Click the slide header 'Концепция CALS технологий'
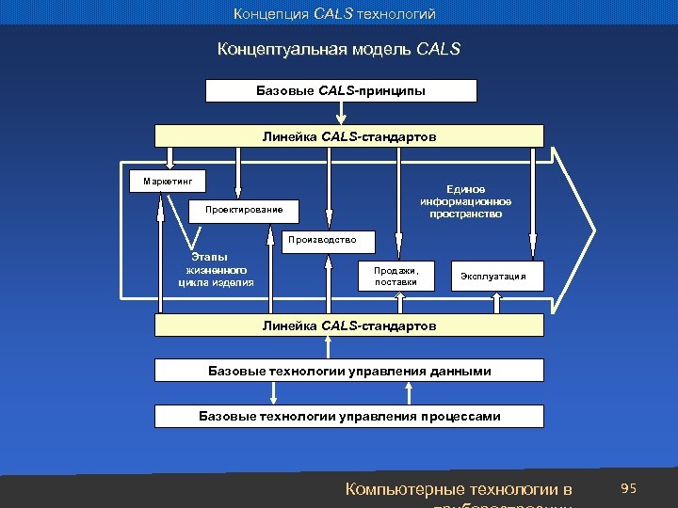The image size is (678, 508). (335, 13)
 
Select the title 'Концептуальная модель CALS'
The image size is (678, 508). (339, 48)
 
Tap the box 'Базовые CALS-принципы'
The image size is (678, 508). (340, 90)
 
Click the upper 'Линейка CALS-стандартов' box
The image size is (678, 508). (349, 136)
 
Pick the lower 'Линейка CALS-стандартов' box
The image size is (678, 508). (349, 325)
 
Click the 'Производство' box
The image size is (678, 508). (331, 240)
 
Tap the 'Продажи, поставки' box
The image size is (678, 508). (395, 275)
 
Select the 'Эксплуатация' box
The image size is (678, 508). (500, 276)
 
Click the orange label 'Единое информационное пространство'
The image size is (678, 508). (467, 200)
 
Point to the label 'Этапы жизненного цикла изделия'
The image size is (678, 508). (216, 268)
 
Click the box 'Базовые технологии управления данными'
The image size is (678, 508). (349, 371)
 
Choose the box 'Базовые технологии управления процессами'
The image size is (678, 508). (349, 416)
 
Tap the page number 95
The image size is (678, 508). (629, 488)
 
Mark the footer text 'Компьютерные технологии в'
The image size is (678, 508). (459, 489)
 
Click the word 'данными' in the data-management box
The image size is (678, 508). (458, 371)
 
